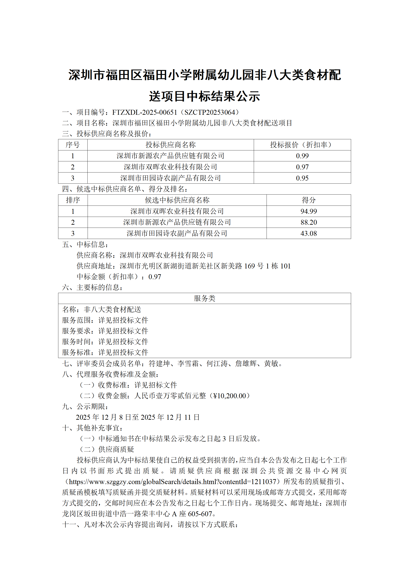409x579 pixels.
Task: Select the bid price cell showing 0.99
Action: tap(302, 156)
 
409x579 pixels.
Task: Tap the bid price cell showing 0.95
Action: tap(302, 178)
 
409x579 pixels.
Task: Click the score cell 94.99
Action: tap(308, 211)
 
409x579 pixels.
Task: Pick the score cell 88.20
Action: tap(308, 222)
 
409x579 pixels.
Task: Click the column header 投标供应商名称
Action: tap(171, 145)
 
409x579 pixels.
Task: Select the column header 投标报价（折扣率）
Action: tap(302, 145)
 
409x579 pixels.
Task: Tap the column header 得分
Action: tap(308, 200)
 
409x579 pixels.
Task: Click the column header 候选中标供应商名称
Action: tap(177, 200)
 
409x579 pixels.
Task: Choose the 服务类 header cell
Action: tap(204, 298)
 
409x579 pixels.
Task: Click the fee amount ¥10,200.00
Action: tap(229, 396)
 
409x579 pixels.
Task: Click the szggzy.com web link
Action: tap(172, 482)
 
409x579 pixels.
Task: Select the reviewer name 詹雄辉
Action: tap(246, 363)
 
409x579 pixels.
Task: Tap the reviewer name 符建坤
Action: tap(159, 363)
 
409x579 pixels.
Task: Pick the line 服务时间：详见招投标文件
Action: tap(105, 342)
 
